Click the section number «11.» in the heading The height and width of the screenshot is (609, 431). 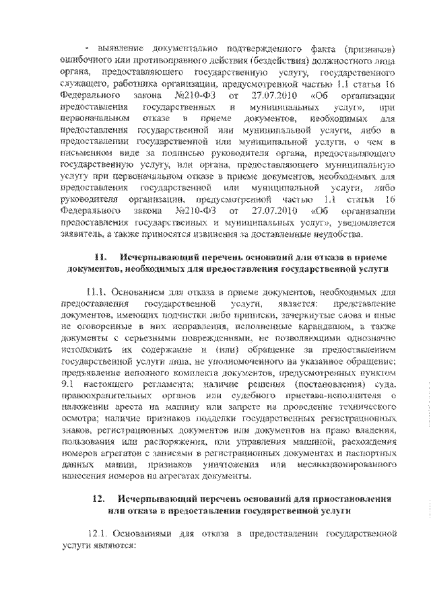[x=101, y=258]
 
